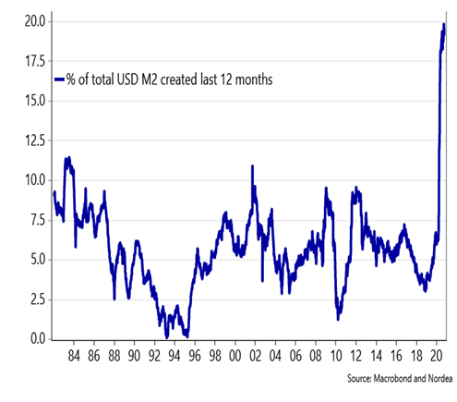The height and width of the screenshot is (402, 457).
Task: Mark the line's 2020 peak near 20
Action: tap(444, 24)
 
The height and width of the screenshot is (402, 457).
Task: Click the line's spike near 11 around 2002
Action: tap(252, 166)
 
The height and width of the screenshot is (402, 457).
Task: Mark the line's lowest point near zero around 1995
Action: tap(187, 336)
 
